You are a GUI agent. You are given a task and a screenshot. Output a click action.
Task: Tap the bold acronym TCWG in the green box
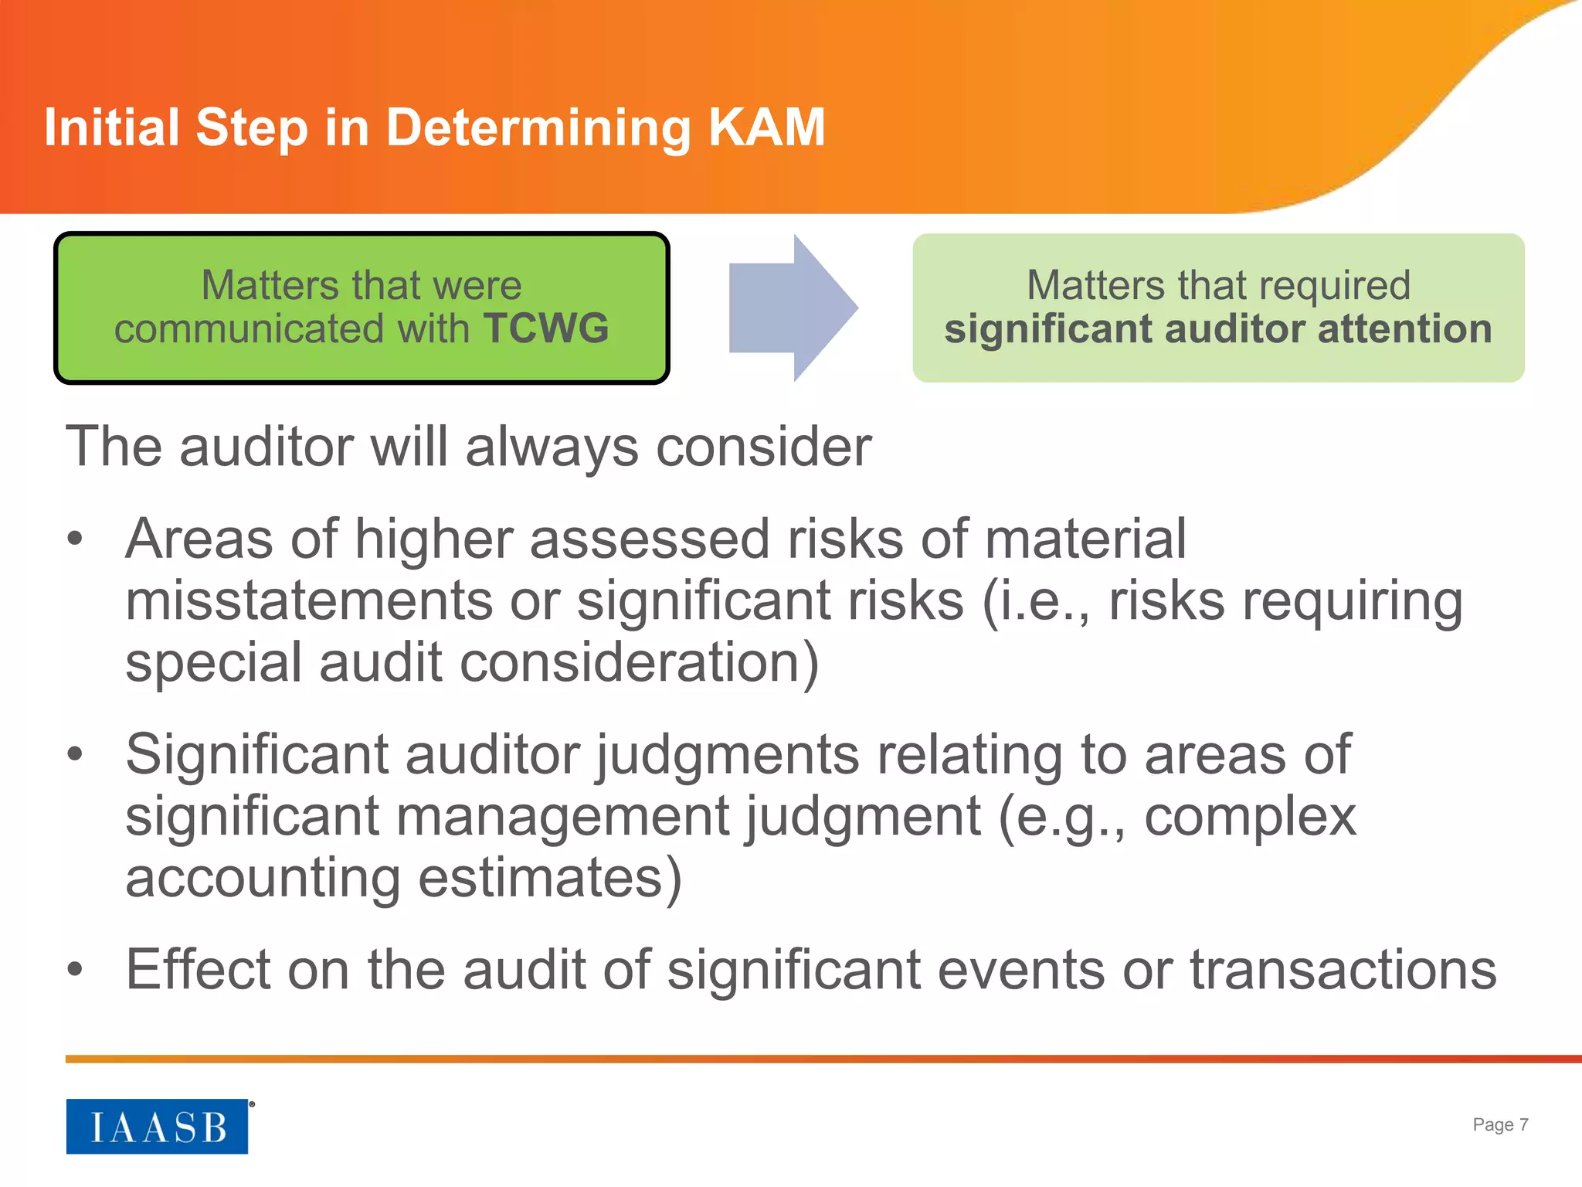(546, 328)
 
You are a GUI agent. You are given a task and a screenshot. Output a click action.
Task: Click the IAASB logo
(157, 1127)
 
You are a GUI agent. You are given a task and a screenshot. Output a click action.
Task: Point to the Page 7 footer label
(1499, 1124)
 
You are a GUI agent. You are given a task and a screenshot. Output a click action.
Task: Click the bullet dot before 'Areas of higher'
(75, 539)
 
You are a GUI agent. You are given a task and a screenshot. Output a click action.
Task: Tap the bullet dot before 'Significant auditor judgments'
(75, 753)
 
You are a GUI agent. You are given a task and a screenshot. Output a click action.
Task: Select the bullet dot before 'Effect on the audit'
(75, 969)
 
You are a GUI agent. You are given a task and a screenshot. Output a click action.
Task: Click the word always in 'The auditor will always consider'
(552, 447)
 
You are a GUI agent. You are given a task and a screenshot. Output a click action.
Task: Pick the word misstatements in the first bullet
(309, 600)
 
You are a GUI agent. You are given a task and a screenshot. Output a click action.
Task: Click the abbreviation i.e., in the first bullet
(1035, 600)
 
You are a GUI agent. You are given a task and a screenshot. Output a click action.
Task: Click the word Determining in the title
(538, 128)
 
